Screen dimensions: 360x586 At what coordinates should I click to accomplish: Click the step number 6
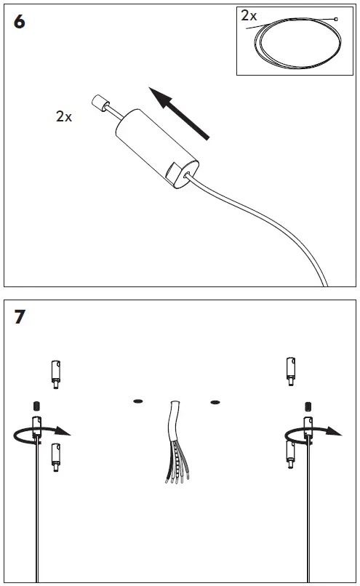tap(19, 22)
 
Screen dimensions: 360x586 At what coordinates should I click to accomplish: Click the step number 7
tap(20, 316)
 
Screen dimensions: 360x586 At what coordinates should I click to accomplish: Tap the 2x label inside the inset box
tap(249, 16)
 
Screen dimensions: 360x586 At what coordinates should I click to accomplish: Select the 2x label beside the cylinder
tap(63, 116)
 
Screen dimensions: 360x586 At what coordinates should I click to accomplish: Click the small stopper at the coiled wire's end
tap(336, 19)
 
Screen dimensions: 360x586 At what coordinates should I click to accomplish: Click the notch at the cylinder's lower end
tap(172, 172)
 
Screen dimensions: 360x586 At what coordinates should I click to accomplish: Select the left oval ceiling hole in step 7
tap(138, 401)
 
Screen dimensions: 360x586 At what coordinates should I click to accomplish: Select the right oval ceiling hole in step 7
tap(215, 402)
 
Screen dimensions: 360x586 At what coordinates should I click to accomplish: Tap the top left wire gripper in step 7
tap(56, 374)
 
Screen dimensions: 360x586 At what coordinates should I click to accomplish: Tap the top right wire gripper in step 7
tap(291, 371)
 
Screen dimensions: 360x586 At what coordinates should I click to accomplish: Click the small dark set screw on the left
tap(36, 406)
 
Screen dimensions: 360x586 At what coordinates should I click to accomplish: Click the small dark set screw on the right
tap(308, 406)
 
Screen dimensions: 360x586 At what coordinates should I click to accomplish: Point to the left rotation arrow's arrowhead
tap(63, 431)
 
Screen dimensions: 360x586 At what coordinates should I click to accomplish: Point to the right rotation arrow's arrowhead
tap(334, 431)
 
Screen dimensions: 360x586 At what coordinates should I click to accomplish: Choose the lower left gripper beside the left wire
tap(56, 457)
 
